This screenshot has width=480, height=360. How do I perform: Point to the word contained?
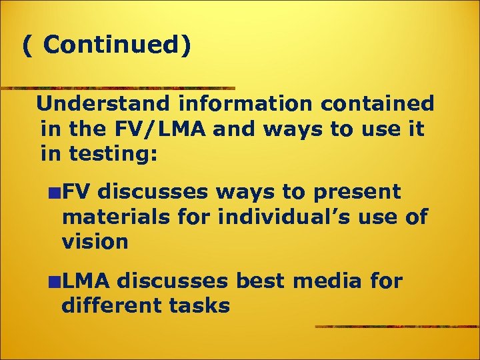point(377,103)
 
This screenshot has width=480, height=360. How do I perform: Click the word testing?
point(113,154)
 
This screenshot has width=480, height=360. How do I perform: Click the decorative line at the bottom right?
point(397,327)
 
